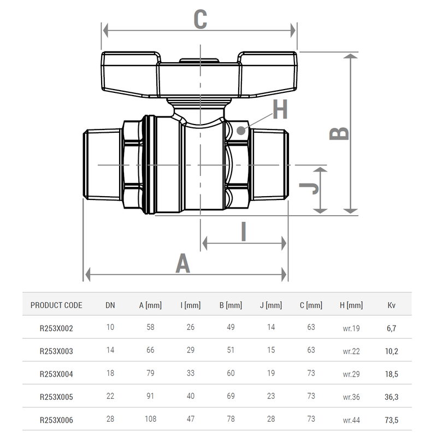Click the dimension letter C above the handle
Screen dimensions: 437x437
(200, 19)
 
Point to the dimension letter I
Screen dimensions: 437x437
(244, 232)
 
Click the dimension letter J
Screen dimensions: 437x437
(309, 188)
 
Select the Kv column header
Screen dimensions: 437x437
(391, 305)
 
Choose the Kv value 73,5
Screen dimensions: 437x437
(391, 421)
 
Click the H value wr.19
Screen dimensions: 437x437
(351, 328)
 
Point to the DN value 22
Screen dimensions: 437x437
(110, 398)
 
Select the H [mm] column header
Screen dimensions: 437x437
(351, 305)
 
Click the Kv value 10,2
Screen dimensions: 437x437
(391, 351)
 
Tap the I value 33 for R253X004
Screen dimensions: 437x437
(190, 375)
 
